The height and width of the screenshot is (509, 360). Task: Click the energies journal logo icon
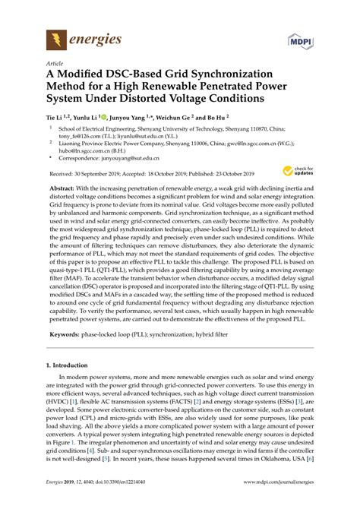tap(55, 38)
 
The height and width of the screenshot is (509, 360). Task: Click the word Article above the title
tap(55, 64)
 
